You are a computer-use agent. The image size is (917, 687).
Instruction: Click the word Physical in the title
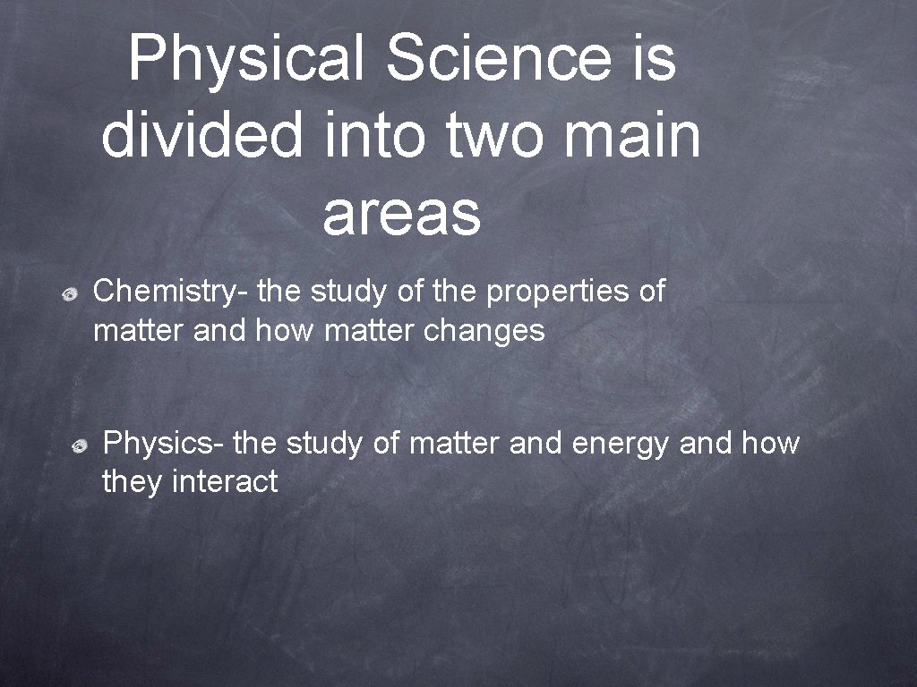246,60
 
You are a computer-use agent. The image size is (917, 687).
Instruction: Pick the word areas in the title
401,215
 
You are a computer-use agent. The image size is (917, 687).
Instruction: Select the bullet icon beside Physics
81,445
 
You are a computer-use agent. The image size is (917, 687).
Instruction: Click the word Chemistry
171,292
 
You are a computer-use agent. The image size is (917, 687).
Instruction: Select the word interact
225,482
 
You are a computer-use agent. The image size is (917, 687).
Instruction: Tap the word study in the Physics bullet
325,443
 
